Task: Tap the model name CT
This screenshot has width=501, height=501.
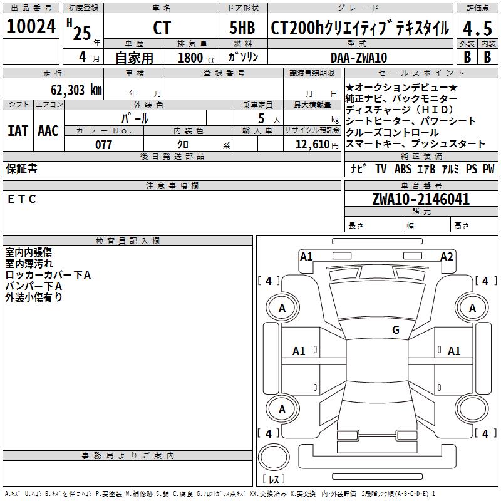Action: pyautogui.click(x=162, y=29)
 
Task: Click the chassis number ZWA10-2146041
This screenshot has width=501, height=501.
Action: pyautogui.click(x=420, y=199)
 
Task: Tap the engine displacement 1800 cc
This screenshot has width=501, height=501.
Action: pyautogui.click(x=195, y=58)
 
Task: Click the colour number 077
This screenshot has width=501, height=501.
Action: pyautogui.click(x=103, y=145)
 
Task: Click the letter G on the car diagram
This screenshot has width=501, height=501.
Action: pyautogui.click(x=395, y=330)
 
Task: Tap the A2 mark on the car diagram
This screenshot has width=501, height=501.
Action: pyautogui.click(x=447, y=256)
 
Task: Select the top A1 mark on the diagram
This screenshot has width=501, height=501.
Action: pyautogui.click(x=306, y=256)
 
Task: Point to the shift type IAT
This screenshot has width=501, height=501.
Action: pyautogui.click(x=18, y=131)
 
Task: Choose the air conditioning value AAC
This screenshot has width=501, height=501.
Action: pyautogui.click(x=48, y=131)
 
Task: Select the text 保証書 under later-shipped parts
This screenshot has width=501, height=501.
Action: pyautogui.click(x=21, y=168)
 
